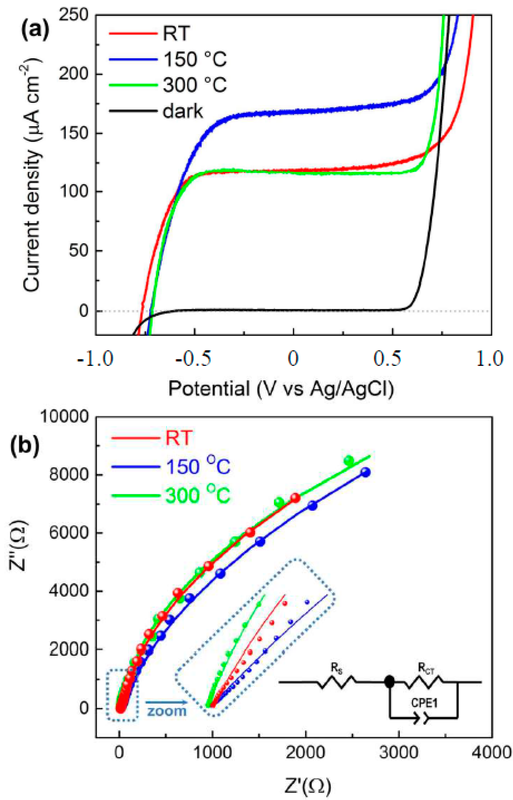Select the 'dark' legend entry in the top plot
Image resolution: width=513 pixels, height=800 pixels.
(182, 111)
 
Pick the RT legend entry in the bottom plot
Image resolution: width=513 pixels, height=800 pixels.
(179, 437)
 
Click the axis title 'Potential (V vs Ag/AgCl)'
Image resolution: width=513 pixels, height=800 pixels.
(281, 388)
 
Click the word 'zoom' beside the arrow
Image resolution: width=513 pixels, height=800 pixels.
(167, 711)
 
